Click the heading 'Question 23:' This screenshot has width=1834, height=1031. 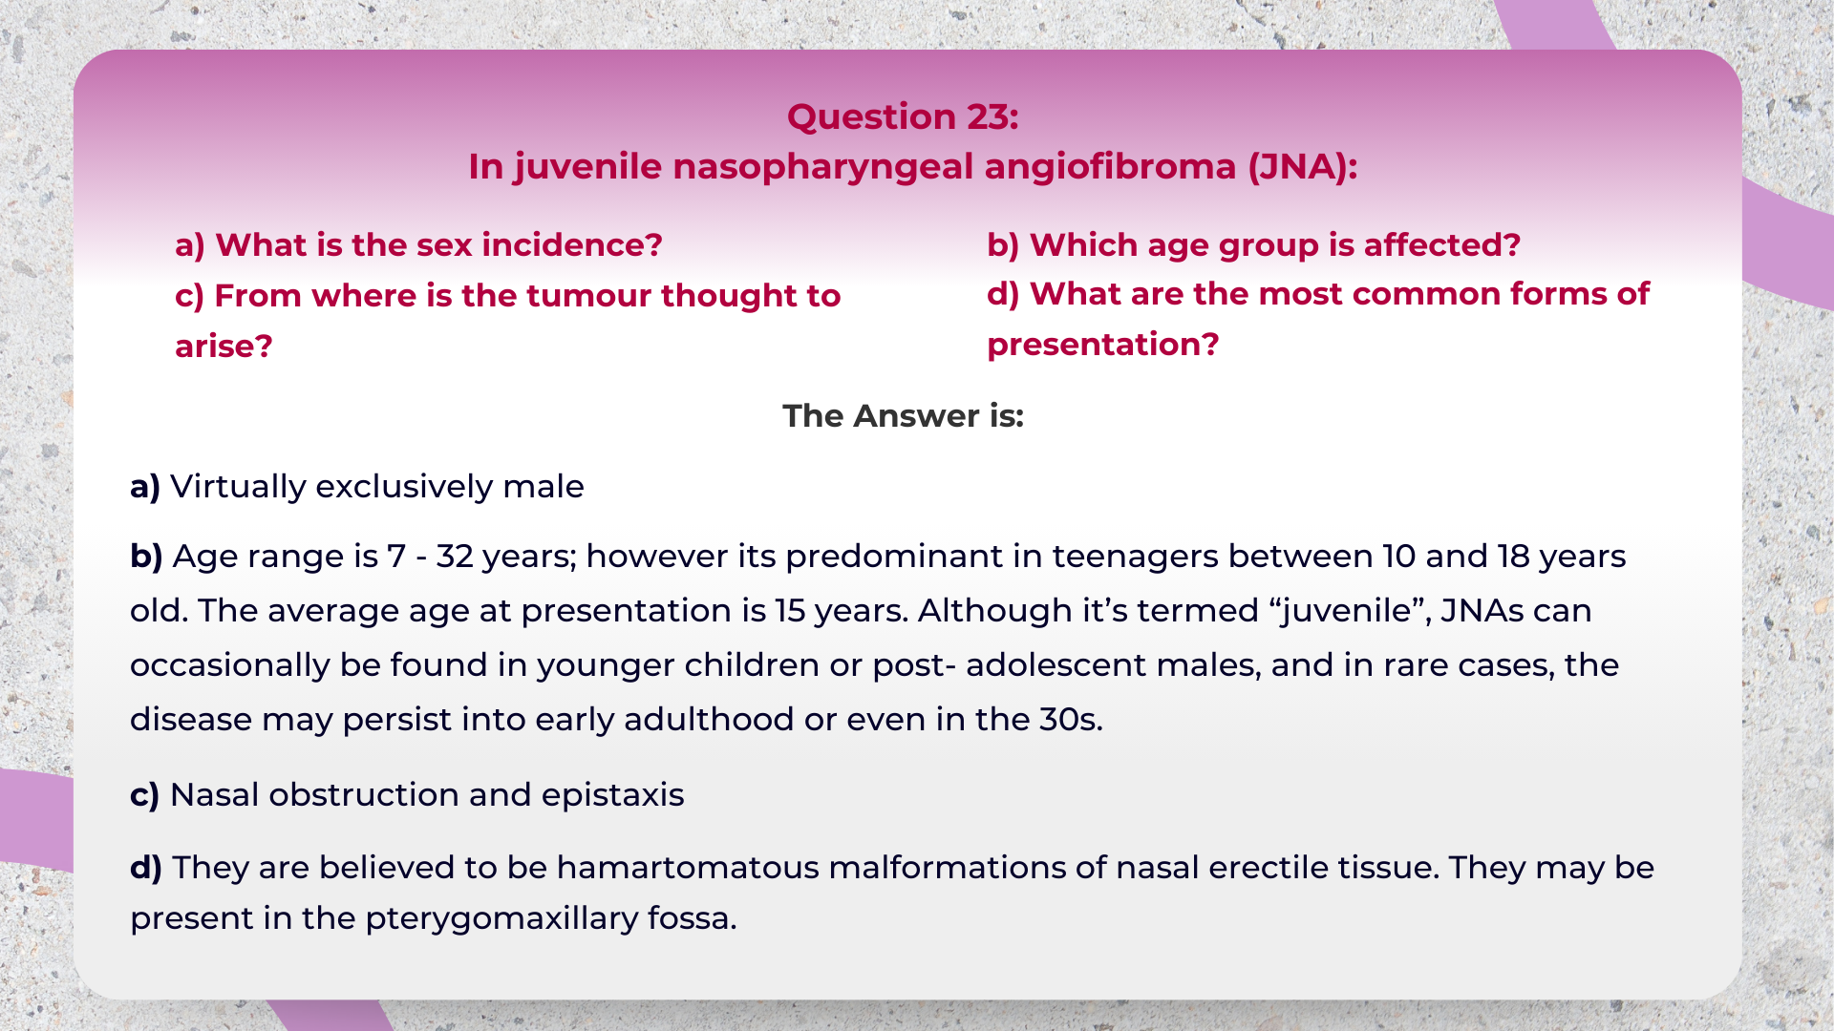coord(903,116)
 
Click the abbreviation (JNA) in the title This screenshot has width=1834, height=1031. coord(1302,167)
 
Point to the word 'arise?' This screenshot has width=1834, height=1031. coord(224,347)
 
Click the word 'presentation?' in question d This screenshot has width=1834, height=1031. coord(1102,345)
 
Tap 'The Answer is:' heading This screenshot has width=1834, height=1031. coord(903,416)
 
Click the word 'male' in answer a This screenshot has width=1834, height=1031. coord(544,487)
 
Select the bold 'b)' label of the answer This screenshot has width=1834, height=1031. coord(146,557)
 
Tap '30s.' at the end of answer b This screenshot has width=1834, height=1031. coord(1071,720)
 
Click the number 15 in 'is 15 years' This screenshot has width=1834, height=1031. coord(789,611)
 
